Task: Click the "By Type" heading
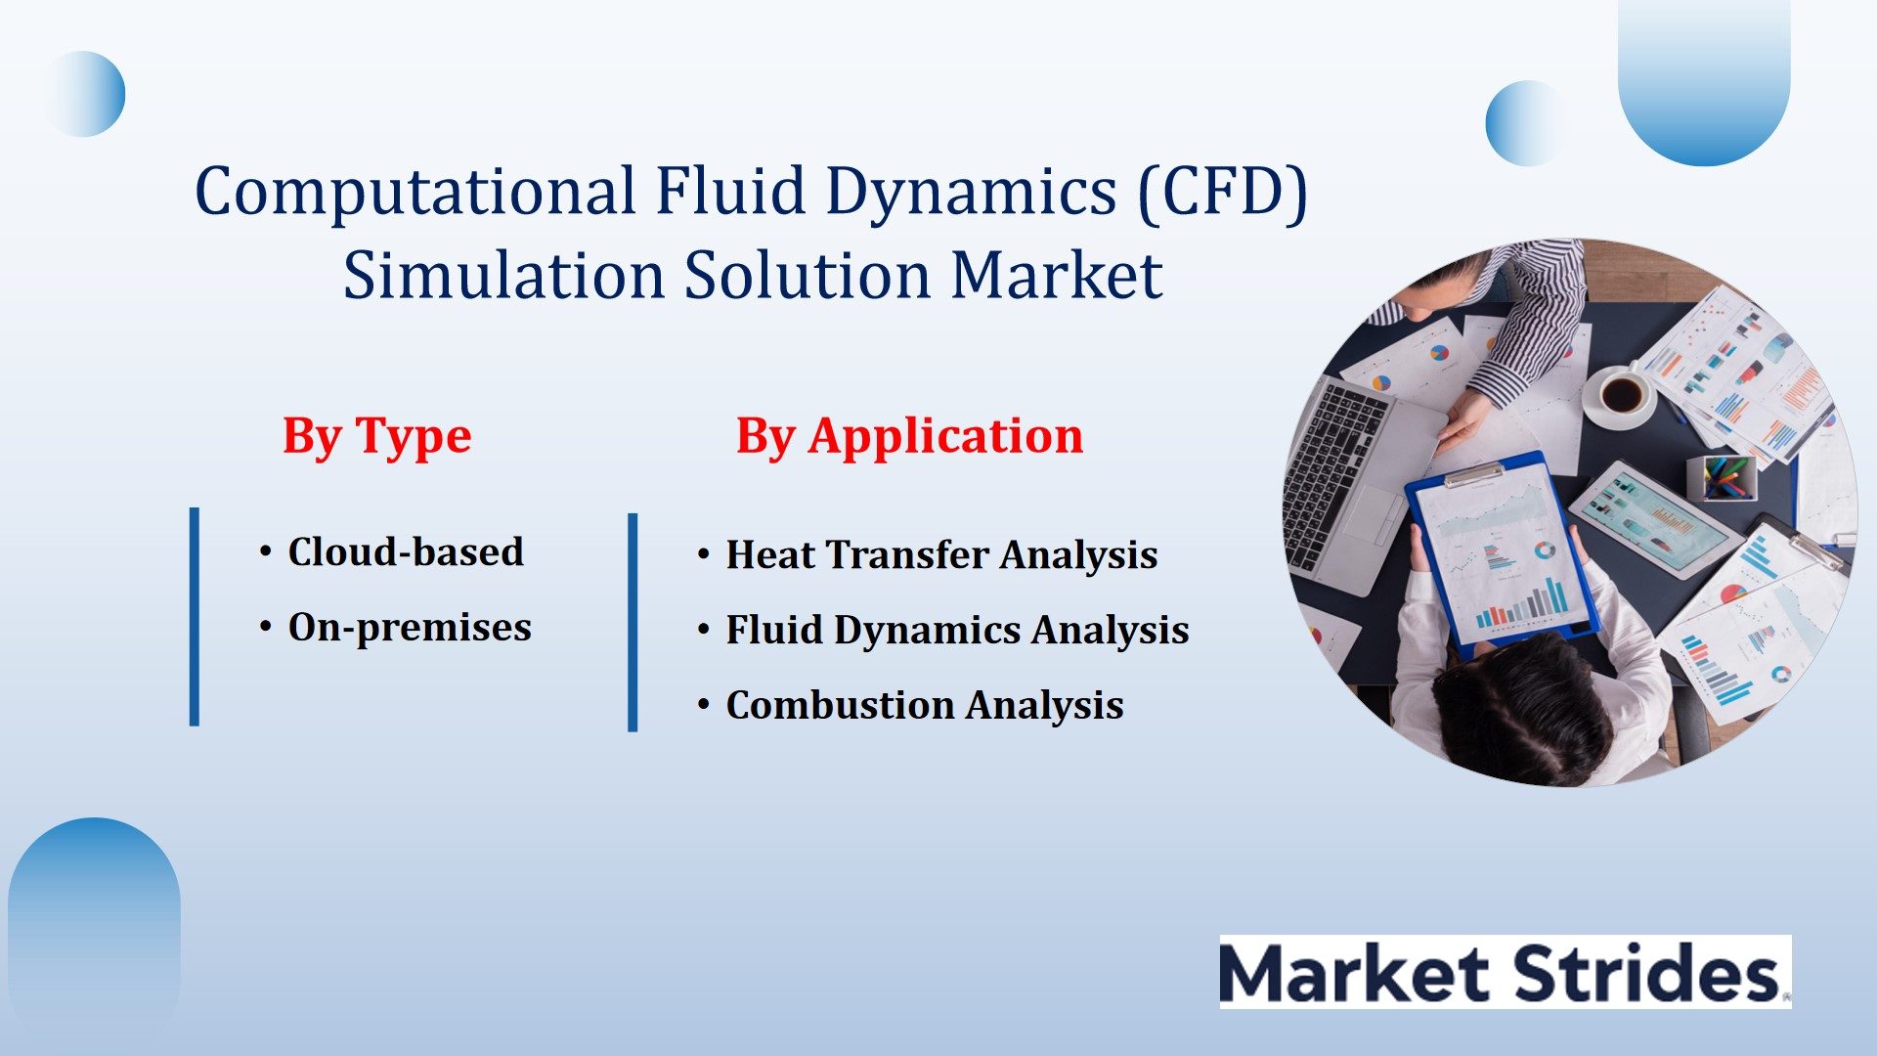click(376, 436)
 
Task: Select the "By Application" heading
click(909, 436)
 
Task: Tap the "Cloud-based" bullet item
click(406, 551)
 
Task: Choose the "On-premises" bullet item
click(410, 628)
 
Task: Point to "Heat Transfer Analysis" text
click(941, 554)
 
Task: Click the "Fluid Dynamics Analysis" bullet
click(957, 630)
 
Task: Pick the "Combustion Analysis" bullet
click(925, 705)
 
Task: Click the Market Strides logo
click(1506, 972)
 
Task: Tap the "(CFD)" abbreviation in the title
click(1222, 191)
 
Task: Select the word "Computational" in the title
click(415, 191)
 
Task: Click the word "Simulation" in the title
click(504, 275)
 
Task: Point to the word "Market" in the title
click(1057, 275)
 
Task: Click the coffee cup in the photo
click(1620, 395)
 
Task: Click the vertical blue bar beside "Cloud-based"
click(195, 617)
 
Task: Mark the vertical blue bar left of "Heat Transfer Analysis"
click(633, 622)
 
